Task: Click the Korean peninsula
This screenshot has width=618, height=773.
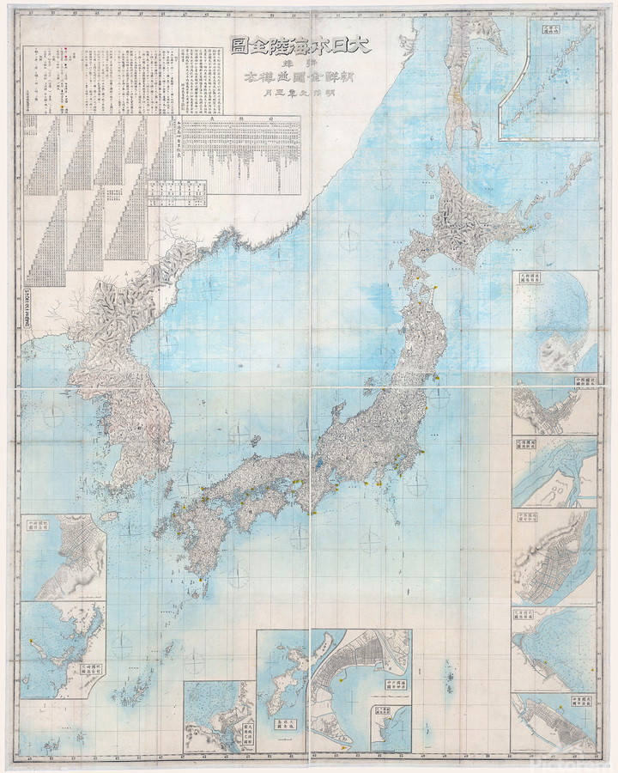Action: coord(129,378)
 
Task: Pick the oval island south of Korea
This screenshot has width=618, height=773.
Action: coord(110,517)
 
